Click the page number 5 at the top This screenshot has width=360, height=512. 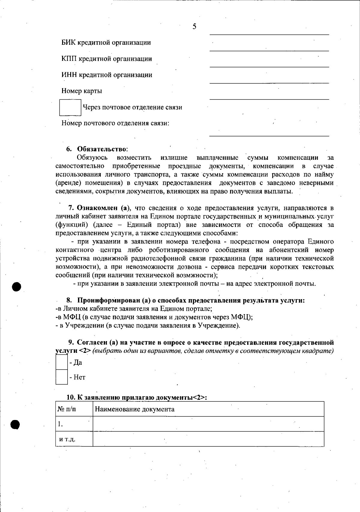(x=194, y=27)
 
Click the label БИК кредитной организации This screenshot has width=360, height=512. (x=106, y=43)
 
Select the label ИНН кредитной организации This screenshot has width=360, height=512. (x=107, y=75)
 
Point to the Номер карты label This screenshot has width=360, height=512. (x=82, y=91)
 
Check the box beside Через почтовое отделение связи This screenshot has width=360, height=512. (x=70, y=107)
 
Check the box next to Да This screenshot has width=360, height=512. (x=61, y=362)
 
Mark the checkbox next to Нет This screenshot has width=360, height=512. (x=61, y=377)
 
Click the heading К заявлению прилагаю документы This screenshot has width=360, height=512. (x=136, y=397)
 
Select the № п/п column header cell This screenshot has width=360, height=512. (x=74, y=409)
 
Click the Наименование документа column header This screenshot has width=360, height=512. (x=135, y=409)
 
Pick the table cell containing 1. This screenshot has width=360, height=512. (x=74, y=424)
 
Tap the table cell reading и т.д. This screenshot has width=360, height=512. (x=74, y=439)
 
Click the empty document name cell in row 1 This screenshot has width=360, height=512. (x=208, y=424)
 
